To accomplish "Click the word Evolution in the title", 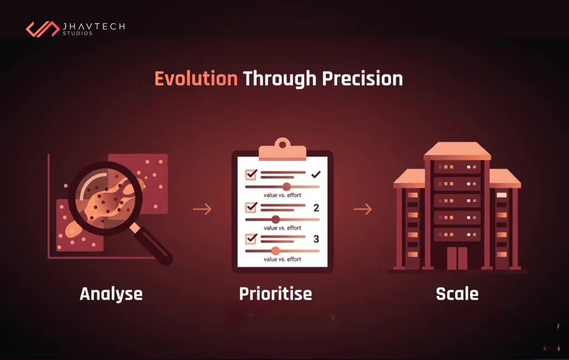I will [196, 79].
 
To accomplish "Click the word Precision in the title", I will [362, 79].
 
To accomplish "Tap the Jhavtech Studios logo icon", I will [43, 29].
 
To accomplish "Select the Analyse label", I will [111, 293].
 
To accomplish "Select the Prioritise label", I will [275, 293].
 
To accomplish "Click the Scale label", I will [457, 293].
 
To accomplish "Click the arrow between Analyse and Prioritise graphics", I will [202, 209].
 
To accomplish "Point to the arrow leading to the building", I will [362, 209].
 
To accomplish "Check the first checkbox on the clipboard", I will [251, 174].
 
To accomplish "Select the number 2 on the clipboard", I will [316, 208].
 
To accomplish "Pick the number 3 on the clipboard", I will [316, 239].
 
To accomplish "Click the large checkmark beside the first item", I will [316, 174].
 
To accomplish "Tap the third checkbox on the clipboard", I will [251, 238].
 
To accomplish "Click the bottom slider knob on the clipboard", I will [274, 251].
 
